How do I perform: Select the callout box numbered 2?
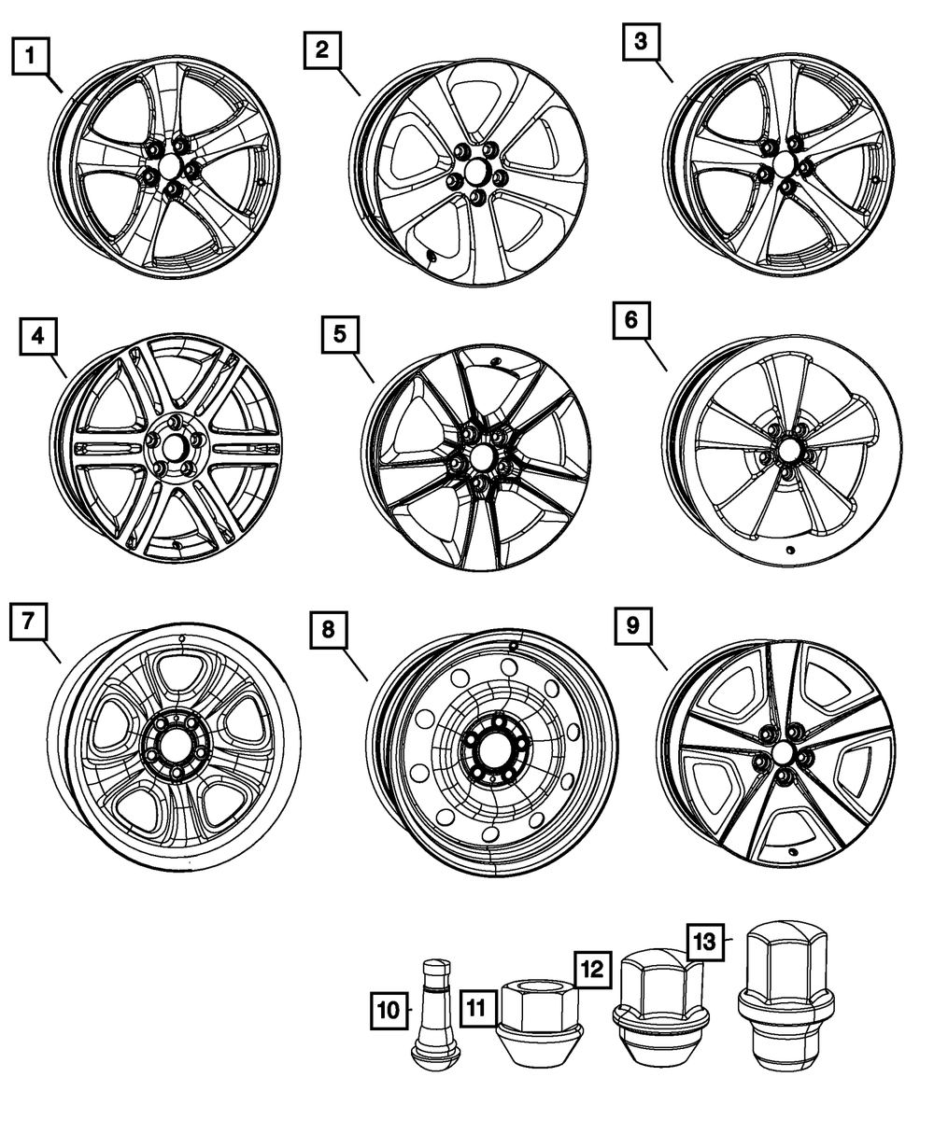(322, 51)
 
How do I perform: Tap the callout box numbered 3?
(640, 42)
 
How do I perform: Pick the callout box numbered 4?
(37, 337)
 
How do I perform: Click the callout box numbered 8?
(328, 631)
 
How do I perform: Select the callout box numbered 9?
(633, 625)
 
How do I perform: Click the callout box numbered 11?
(476, 1009)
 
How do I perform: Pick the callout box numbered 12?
(593, 967)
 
